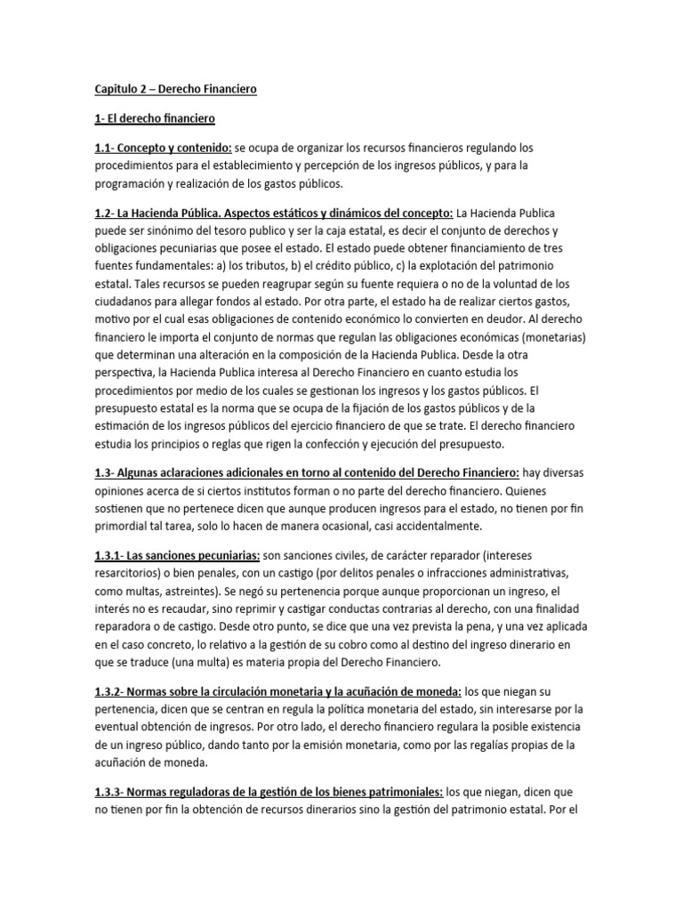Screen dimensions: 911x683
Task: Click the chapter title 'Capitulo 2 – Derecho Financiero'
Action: click(x=175, y=89)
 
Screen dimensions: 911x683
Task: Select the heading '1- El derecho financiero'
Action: click(x=155, y=118)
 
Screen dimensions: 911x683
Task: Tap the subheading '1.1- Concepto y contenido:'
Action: click(x=164, y=147)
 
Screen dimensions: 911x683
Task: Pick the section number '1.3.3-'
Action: click(x=112, y=791)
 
